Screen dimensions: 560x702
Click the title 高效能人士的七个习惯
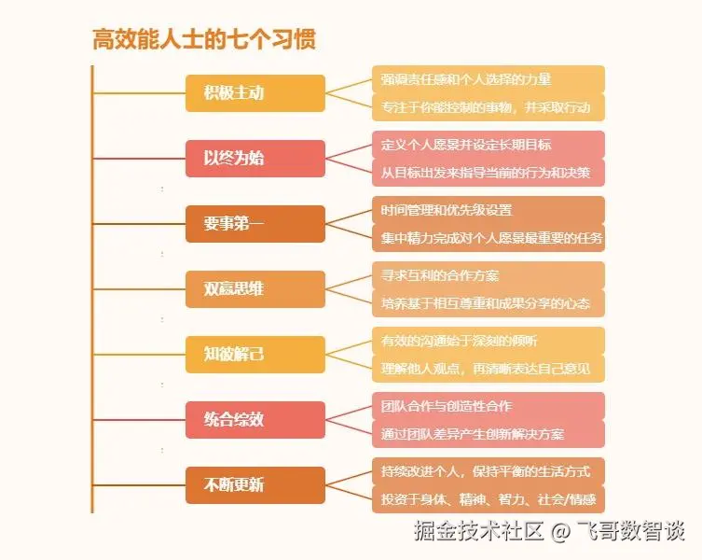click(x=203, y=40)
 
